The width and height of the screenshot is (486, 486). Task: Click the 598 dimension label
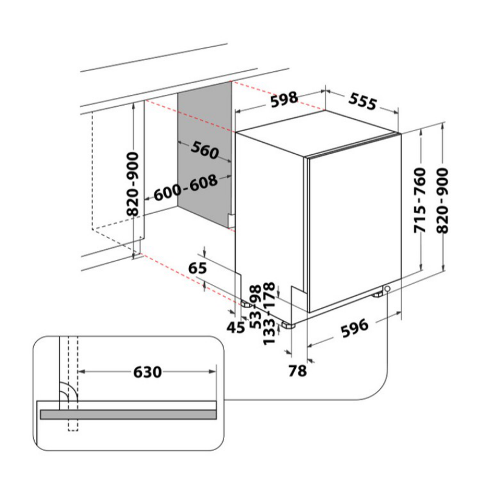(284, 99)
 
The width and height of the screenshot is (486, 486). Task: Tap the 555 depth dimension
(363, 101)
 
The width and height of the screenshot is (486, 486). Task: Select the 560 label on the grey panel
(205, 150)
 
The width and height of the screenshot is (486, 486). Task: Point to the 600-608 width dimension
(186, 188)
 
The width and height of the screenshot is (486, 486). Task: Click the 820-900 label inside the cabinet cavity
(132, 184)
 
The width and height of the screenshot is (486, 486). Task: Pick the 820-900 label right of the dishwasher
(442, 200)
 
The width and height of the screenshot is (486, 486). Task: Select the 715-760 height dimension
(420, 200)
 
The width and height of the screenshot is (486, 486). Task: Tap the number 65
(197, 268)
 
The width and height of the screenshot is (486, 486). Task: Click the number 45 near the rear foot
(236, 327)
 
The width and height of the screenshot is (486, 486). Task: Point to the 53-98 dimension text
(255, 307)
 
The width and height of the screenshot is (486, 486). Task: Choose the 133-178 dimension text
(269, 313)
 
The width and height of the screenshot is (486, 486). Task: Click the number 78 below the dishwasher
(298, 371)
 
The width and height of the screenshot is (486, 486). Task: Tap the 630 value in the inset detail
(148, 372)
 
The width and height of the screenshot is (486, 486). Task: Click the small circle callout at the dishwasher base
(387, 289)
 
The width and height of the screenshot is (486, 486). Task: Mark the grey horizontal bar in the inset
(128, 414)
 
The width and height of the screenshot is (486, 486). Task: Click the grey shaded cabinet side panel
(205, 155)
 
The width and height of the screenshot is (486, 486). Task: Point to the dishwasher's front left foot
(288, 326)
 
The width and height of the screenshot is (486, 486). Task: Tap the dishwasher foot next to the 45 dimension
(247, 305)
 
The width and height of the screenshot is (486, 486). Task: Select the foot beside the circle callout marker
(377, 295)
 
